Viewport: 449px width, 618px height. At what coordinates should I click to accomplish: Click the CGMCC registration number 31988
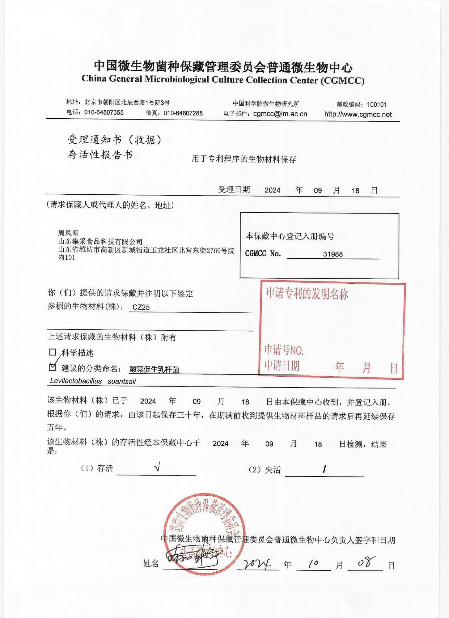pos(333,254)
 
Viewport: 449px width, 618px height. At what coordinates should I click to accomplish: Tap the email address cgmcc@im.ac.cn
pos(280,114)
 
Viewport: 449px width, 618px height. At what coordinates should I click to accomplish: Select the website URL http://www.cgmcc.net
pos(358,114)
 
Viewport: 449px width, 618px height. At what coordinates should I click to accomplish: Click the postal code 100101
pos(377,104)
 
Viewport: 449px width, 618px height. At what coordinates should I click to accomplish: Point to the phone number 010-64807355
pos(104,112)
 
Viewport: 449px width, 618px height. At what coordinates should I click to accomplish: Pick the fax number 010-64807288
pos(183,113)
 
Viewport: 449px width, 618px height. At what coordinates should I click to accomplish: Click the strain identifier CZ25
pos(141,307)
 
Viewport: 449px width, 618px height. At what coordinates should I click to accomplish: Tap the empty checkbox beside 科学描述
pos(53,352)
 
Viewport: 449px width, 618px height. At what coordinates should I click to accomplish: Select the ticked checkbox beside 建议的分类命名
pos(53,367)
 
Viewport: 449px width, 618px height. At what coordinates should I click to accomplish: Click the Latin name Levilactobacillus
pos(76,381)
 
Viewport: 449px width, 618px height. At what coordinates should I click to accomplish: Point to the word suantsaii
pos(122,381)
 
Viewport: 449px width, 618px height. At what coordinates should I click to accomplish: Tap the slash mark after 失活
pos(324,469)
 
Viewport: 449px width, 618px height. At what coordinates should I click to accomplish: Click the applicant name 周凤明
pos(68,233)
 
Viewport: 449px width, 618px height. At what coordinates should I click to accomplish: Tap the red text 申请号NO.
pos(284,350)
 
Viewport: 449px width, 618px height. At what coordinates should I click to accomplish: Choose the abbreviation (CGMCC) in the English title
pos(342,81)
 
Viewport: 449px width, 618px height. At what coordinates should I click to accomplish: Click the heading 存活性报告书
pos(100,154)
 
